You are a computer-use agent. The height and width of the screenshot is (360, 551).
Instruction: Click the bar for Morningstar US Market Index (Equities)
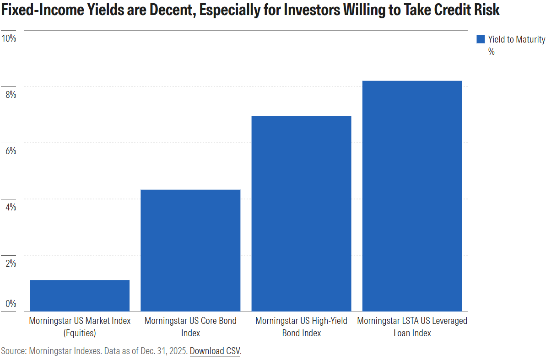click(80, 296)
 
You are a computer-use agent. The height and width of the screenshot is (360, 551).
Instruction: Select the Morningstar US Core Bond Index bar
click(190, 250)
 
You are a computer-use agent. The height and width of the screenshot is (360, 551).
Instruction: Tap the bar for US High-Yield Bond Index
click(301, 214)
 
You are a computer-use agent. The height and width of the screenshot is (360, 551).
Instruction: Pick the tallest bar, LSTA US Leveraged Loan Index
click(412, 196)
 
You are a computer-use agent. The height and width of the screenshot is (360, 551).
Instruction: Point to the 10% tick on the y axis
click(9, 38)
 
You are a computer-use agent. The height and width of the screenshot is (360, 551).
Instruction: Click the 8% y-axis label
click(10, 94)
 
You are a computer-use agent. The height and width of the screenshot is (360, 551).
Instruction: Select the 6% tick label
click(10, 150)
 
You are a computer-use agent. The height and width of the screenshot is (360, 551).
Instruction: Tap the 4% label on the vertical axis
click(10, 207)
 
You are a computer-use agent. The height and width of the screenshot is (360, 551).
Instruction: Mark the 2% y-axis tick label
click(10, 263)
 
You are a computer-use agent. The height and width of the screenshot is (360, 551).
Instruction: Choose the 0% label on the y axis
click(10, 304)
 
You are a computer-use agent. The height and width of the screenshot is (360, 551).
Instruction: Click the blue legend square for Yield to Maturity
click(480, 39)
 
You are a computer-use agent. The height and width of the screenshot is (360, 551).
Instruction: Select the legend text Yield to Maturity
click(516, 40)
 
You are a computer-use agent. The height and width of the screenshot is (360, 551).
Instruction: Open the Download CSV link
click(215, 351)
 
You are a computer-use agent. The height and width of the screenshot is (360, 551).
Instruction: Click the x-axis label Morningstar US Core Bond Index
click(190, 327)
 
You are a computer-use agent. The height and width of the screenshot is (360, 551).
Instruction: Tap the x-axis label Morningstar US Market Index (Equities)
click(80, 327)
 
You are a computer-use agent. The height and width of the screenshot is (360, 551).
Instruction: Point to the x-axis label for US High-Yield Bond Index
click(301, 327)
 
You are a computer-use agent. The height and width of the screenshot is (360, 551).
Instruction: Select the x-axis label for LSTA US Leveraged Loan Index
click(412, 327)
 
